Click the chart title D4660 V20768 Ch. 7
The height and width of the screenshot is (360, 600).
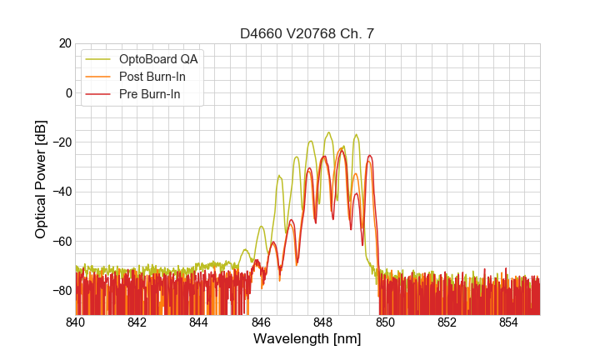307,34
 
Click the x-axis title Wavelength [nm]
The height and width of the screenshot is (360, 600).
307,339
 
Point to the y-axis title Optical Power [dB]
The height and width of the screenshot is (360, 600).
41,178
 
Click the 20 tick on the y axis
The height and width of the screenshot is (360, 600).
63,43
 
